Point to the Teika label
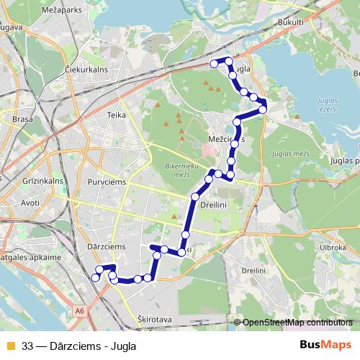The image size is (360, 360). click(x=116, y=114)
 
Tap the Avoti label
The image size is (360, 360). click(x=30, y=203)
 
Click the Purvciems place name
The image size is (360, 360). click(x=106, y=183)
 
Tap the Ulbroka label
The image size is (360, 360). click(x=334, y=247)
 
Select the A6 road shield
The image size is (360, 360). click(x=78, y=311)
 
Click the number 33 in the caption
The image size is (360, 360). click(x=27, y=344)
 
